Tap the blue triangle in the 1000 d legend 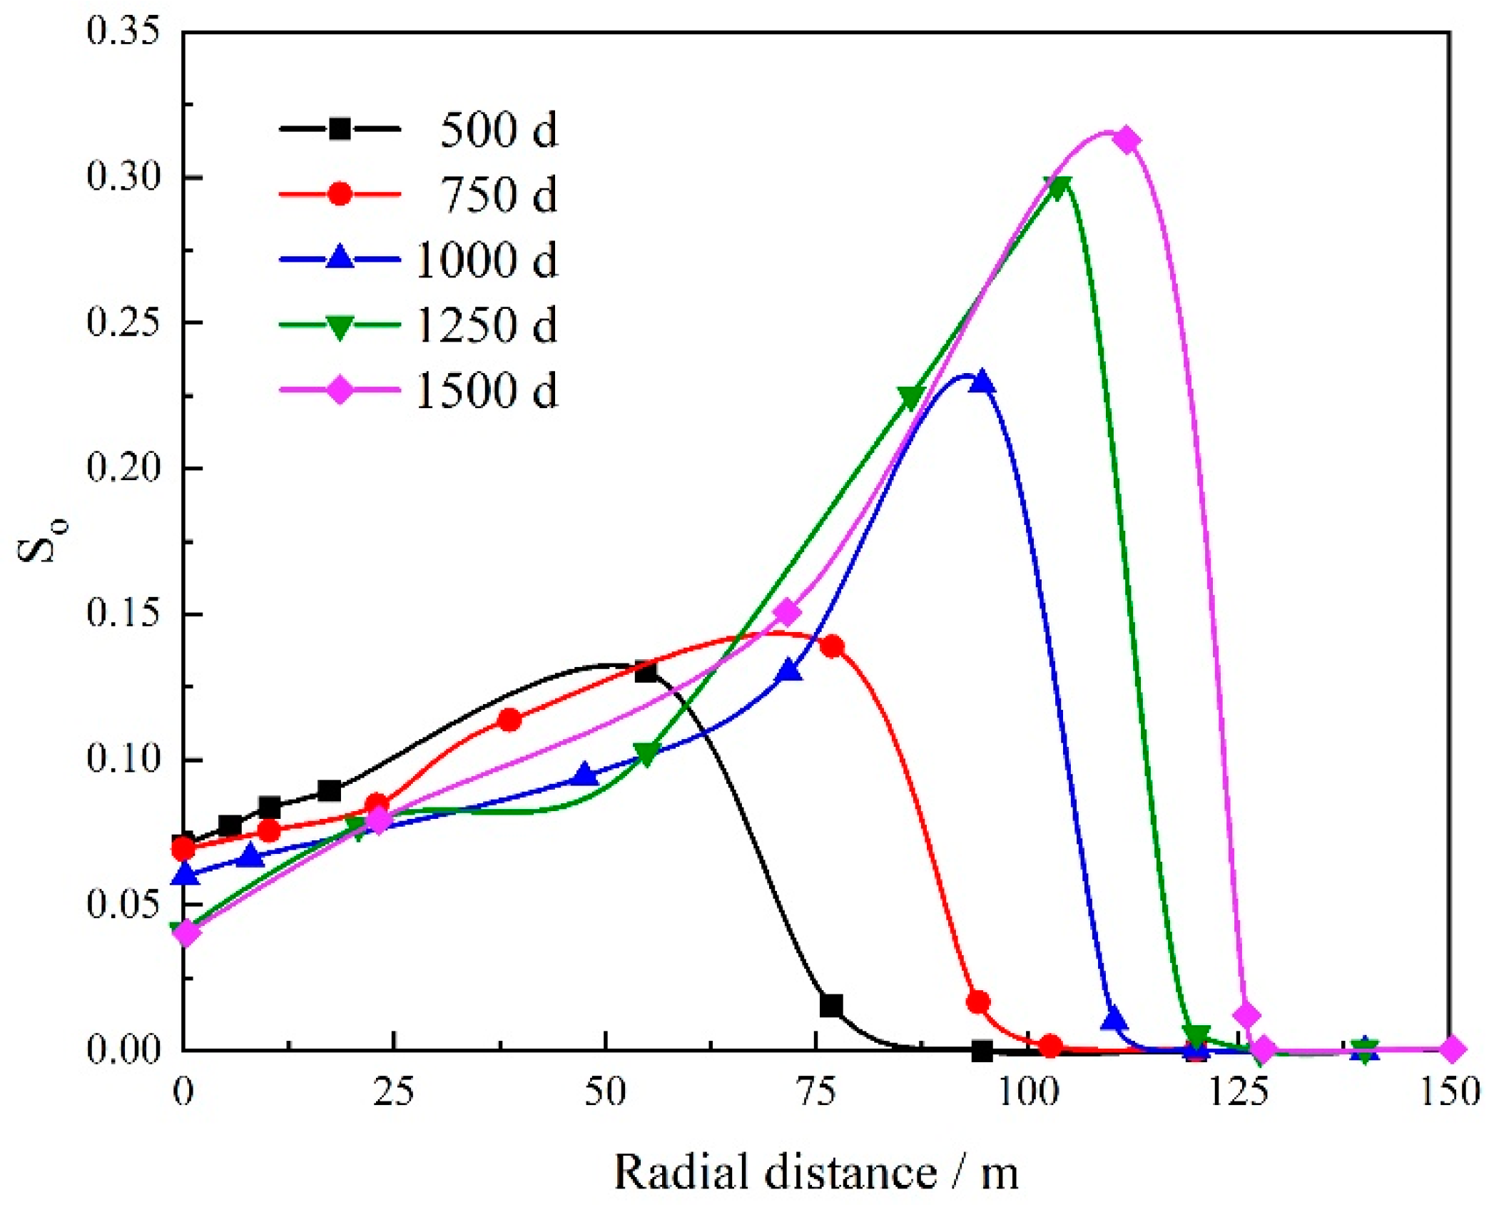click(340, 258)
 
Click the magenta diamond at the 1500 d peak click(1127, 140)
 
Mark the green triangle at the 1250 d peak click(1060, 186)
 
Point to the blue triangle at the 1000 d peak click(982, 381)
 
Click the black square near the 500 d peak click(646, 671)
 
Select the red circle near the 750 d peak click(833, 646)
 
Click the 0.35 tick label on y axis click(123, 32)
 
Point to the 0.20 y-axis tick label click(123, 468)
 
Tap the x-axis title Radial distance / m click(815, 1171)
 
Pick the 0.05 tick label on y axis click(123, 904)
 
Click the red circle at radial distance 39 click(509, 720)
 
